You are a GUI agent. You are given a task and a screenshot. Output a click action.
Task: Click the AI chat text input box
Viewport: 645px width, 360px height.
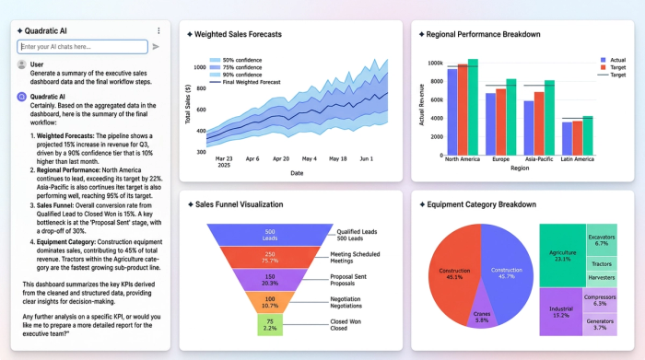(82, 46)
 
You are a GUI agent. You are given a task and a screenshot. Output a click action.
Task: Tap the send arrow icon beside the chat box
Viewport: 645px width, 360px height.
(156, 46)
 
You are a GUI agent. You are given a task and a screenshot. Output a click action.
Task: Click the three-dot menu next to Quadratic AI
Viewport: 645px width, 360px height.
(158, 30)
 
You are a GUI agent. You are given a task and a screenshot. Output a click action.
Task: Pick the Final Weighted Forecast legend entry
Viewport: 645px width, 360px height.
(252, 82)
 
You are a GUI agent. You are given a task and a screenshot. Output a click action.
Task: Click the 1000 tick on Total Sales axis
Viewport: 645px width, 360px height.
(200, 66)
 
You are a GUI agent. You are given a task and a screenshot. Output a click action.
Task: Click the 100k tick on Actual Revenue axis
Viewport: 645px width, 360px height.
(435, 64)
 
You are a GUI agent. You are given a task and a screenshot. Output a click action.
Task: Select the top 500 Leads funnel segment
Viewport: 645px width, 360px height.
(270, 235)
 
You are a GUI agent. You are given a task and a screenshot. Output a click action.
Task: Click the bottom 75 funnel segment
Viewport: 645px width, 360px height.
(270, 325)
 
